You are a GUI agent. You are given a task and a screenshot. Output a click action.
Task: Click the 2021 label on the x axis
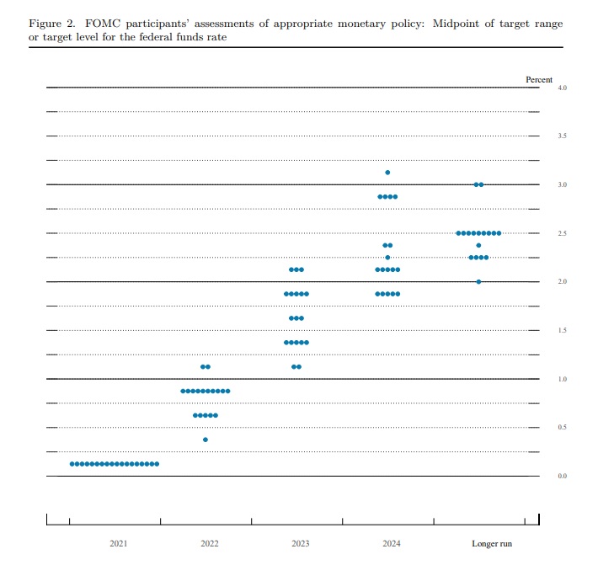pyautogui.click(x=119, y=544)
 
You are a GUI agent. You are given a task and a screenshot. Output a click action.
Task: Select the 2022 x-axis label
pyautogui.click(x=210, y=544)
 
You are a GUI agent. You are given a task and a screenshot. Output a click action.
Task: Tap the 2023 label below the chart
pyautogui.click(x=301, y=544)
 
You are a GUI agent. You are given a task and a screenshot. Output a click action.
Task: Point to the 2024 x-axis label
pyautogui.click(x=392, y=544)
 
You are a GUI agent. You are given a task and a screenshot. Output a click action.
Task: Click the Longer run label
pyautogui.click(x=492, y=544)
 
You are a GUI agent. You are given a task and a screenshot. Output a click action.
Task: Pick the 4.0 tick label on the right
pyautogui.click(x=562, y=88)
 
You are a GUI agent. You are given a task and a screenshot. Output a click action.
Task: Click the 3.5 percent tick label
pyautogui.click(x=562, y=136)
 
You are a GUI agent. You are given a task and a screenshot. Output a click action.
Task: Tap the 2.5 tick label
pyautogui.click(x=562, y=233)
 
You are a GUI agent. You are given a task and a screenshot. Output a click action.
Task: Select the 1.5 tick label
pyautogui.click(x=562, y=331)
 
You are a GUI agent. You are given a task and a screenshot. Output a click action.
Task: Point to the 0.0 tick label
pyautogui.click(x=562, y=477)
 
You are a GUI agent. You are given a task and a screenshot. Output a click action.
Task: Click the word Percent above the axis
pyautogui.click(x=539, y=79)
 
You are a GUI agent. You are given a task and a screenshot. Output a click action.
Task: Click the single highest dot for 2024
pyautogui.click(x=387, y=173)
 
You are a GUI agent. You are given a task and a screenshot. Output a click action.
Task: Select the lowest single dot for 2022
pyautogui.click(x=206, y=440)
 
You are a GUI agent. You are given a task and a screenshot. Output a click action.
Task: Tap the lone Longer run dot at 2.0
pyautogui.click(x=478, y=281)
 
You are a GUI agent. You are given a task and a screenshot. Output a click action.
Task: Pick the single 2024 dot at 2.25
pyautogui.click(x=387, y=258)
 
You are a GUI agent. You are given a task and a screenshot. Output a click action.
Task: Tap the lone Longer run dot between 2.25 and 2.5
pyautogui.click(x=478, y=245)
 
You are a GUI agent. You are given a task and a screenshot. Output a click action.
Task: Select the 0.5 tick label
pyautogui.click(x=562, y=428)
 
